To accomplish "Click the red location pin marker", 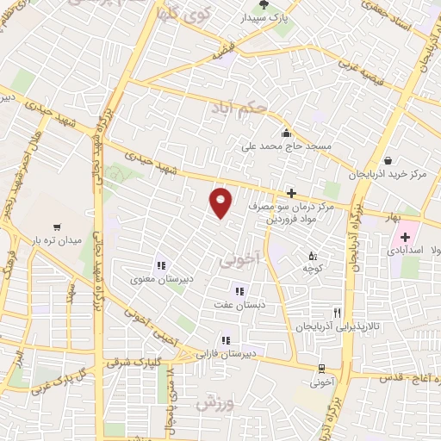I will [221, 202].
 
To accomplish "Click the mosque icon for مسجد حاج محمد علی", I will [287, 134].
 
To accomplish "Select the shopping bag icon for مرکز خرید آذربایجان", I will [388, 160].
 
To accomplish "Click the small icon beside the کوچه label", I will [312, 256].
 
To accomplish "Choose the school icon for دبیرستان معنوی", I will [160, 265].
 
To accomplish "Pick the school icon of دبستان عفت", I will [239, 291].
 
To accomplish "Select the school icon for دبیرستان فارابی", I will [226, 339].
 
